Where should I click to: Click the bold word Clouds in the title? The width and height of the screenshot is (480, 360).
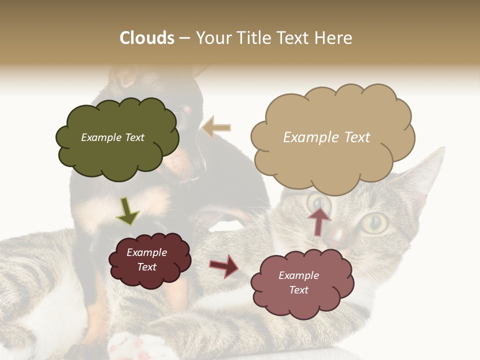146,38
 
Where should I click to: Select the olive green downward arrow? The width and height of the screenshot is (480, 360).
127,211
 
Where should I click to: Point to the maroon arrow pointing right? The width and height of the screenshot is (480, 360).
224,265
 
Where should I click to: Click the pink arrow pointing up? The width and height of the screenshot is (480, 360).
319,221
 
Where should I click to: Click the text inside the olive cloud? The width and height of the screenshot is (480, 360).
112,137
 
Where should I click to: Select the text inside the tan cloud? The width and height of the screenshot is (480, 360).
326,137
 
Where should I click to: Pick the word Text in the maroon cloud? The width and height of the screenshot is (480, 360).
146,267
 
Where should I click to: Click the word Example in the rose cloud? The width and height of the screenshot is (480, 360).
298,275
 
